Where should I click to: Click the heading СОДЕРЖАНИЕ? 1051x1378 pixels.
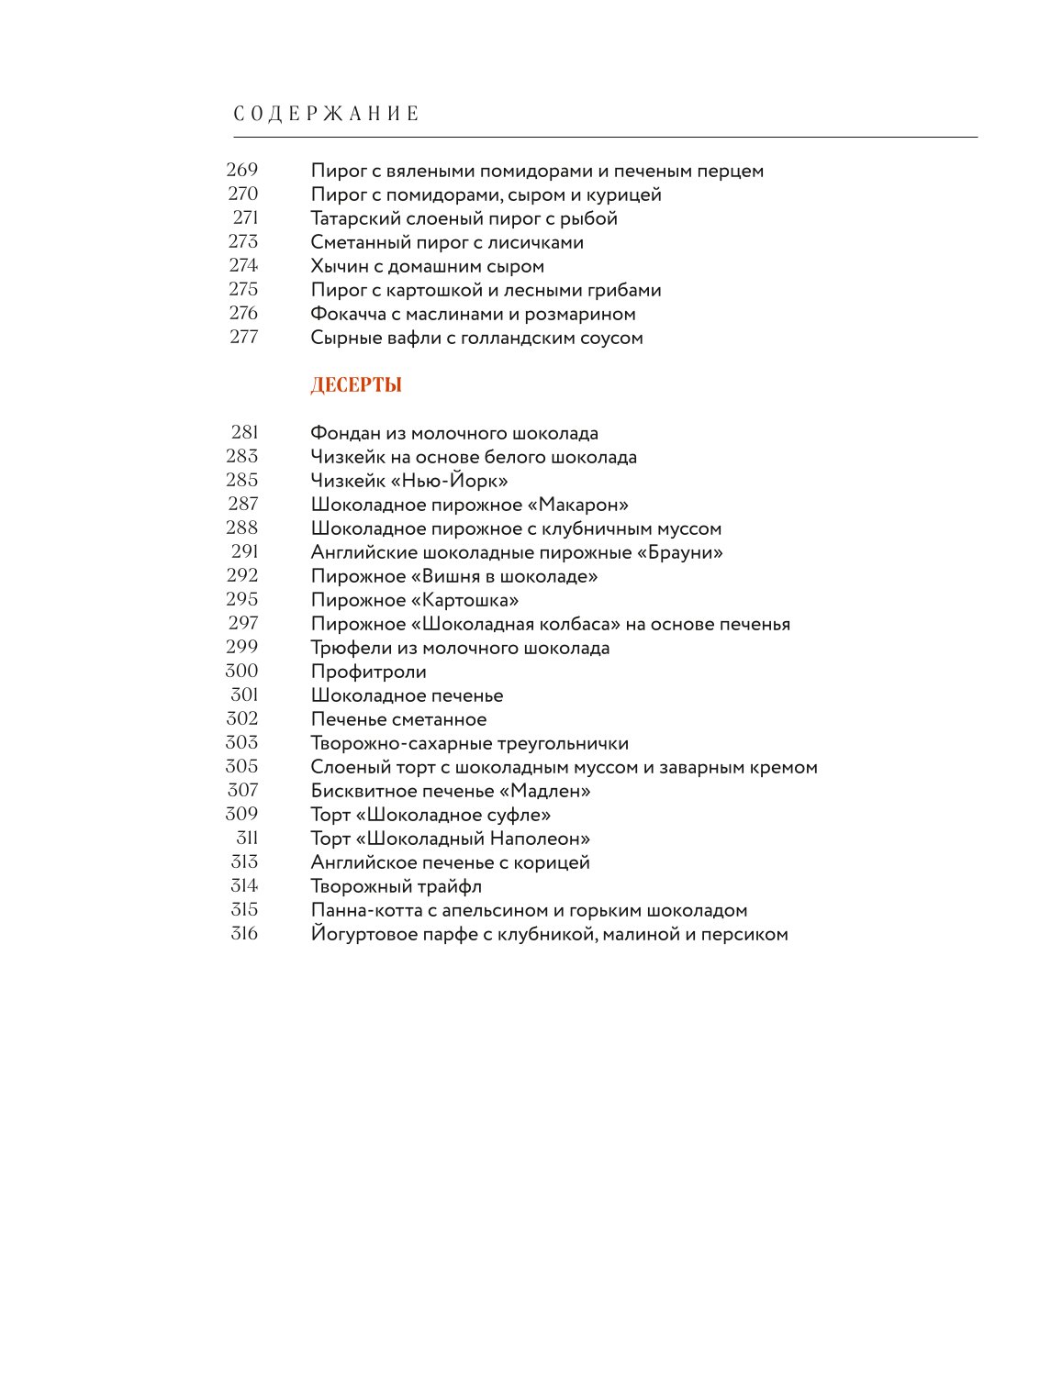[x=327, y=114]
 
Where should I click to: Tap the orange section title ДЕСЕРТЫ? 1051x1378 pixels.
[x=356, y=385]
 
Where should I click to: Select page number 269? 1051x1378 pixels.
[x=242, y=170]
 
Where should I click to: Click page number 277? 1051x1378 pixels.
[x=243, y=337]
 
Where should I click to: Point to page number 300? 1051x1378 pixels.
[x=242, y=671]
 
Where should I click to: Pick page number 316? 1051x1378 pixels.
[x=244, y=933]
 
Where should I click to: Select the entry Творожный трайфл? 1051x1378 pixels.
[x=396, y=886]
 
